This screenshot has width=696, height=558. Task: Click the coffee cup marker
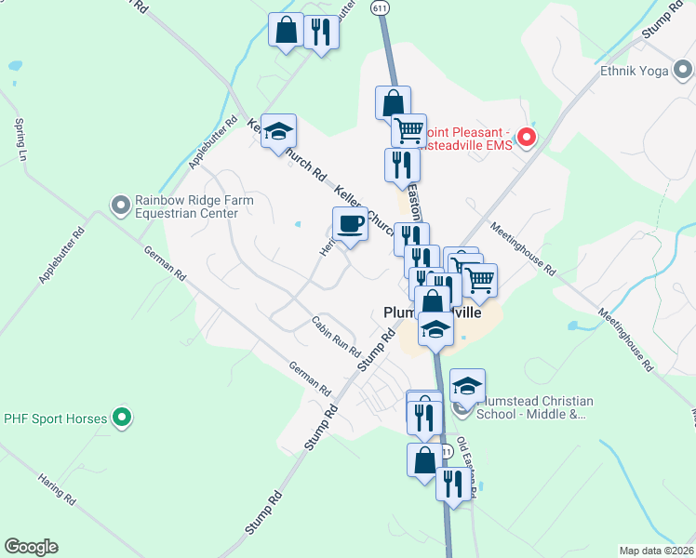[350, 225]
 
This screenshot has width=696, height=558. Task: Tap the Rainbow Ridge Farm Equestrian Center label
[186, 206]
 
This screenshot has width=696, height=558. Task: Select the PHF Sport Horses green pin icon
[120, 418]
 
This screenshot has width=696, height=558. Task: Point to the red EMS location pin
[526, 139]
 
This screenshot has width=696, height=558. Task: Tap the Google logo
[31, 547]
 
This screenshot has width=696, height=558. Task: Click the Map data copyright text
[657, 551]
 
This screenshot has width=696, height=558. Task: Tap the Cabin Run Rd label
[336, 338]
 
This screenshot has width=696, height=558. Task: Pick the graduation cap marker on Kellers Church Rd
[278, 132]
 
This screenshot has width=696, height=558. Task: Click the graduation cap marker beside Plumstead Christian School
[468, 385]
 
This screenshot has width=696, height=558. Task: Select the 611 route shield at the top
[380, 7]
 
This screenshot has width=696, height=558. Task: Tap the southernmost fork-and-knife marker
[453, 485]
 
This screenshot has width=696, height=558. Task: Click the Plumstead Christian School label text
[534, 407]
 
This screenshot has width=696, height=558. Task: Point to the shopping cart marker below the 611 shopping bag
[408, 130]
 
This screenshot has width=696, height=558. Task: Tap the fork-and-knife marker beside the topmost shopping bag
[321, 33]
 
